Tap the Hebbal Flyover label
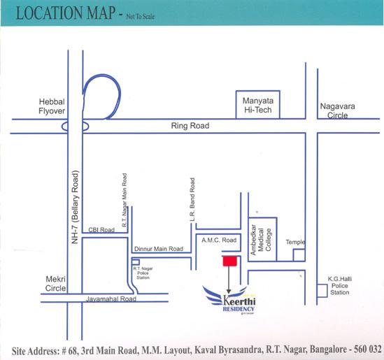click(x=52, y=106)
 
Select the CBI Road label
click(x=101, y=230)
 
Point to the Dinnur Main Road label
click(x=157, y=249)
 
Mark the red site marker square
click(x=229, y=261)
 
